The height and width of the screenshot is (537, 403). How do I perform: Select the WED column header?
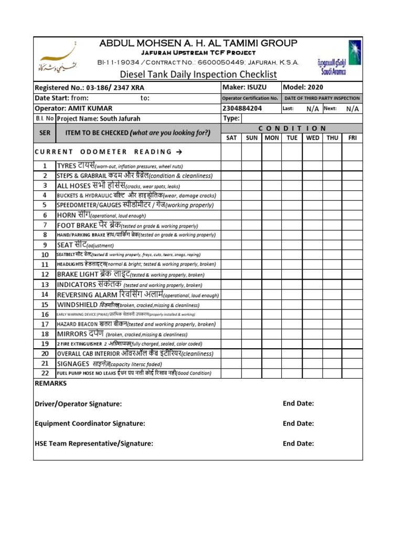click(x=312, y=138)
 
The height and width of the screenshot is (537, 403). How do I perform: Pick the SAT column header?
click(x=231, y=138)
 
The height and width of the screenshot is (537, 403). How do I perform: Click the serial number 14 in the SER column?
click(x=45, y=295)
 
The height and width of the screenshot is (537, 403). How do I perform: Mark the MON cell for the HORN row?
click(x=272, y=215)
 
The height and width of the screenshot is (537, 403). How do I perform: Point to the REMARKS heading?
click(x=50, y=383)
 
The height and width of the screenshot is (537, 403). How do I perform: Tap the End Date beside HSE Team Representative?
click(x=298, y=443)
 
